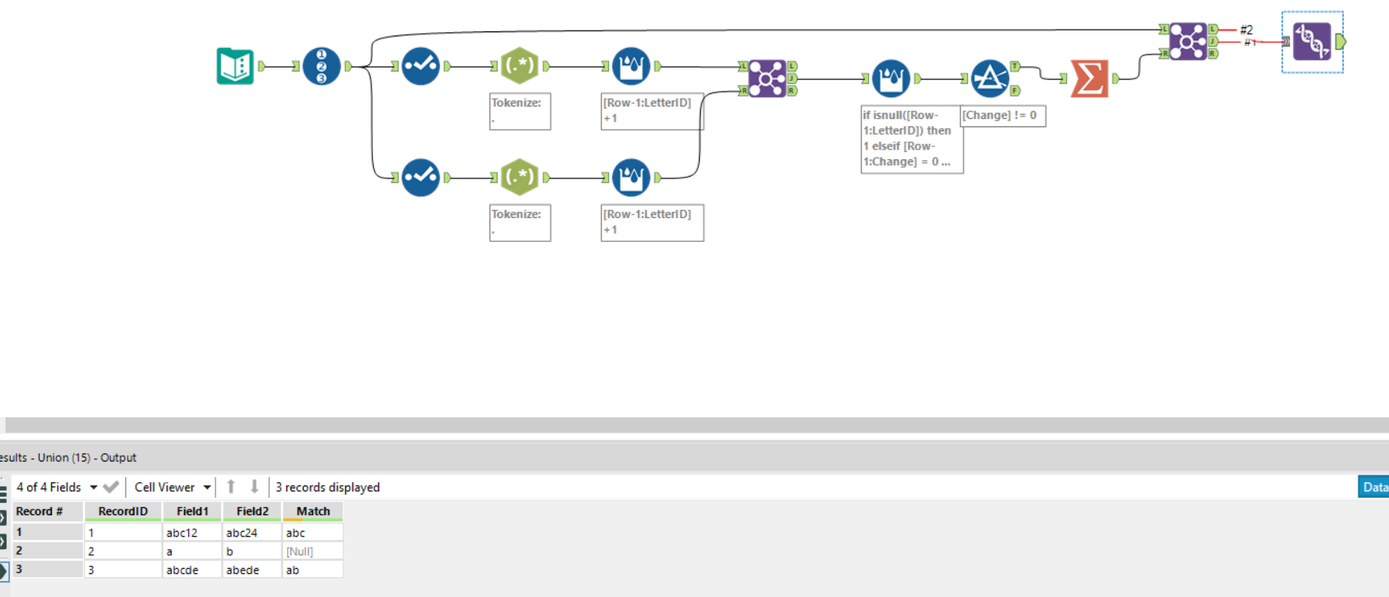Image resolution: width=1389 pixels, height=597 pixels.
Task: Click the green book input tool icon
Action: [235, 66]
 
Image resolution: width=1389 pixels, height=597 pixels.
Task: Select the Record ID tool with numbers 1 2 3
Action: [322, 66]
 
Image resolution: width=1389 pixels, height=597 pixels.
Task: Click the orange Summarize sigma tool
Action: [1089, 78]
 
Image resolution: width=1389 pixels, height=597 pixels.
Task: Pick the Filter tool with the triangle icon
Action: [990, 78]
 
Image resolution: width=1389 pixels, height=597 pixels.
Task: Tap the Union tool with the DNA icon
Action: [1311, 41]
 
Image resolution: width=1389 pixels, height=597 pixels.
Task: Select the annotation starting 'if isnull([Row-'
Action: [911, 139]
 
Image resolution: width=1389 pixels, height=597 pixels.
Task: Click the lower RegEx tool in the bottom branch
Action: [520, 178]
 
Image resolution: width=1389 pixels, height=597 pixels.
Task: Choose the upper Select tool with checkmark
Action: [421, 66]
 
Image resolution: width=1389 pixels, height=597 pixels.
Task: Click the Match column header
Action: [313, 511]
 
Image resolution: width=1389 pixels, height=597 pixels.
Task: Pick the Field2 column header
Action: [252, 511]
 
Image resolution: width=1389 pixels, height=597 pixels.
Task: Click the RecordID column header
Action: [123, 511]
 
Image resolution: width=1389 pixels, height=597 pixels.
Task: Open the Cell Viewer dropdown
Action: [172, 487]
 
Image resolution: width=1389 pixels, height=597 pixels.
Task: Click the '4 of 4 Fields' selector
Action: [56, 487]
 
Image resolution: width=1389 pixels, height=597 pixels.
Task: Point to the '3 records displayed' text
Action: [328, 487]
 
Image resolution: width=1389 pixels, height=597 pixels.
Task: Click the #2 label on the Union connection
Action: [1246, 30]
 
